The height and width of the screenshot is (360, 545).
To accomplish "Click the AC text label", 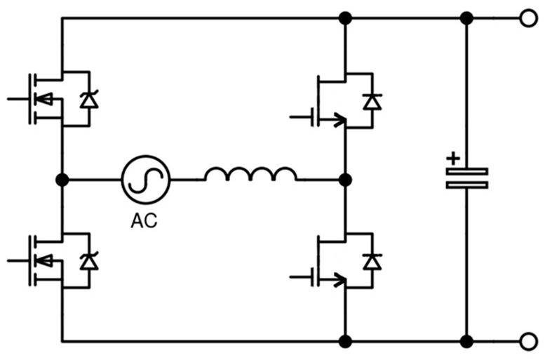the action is [x=144, y=220].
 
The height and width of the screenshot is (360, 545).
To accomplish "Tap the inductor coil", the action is [x=251, y=174].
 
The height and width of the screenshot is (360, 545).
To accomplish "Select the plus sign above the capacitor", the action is [x=453, y=159].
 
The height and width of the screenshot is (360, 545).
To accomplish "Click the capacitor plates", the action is [x=467, y=178].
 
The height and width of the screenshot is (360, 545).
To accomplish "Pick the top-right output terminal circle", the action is [x=528, y=18].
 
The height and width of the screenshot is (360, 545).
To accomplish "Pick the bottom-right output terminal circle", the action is [x=528, y=341].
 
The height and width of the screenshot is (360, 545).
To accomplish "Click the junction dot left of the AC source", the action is [x=62, y=180].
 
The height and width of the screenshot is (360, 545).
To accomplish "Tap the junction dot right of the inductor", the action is [x=345, y=180].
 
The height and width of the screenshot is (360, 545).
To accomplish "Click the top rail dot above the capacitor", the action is [x=467, y=18].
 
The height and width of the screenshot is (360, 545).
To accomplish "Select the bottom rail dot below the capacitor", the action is [x=467, y=341].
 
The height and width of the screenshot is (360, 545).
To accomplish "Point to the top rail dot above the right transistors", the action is [x=345, y=18].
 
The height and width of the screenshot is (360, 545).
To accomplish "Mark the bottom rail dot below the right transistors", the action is [x=345, y=341].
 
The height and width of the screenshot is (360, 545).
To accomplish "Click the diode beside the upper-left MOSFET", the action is [x=89, y=100].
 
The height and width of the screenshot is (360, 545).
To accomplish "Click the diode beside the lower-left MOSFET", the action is [x=89, y=262].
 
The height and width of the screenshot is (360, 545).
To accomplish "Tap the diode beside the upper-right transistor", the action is [x=372, y=102].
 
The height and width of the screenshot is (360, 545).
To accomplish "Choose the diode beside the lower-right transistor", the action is [x=372, y=262].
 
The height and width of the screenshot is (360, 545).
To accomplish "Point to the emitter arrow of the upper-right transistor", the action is [x=339, y=120].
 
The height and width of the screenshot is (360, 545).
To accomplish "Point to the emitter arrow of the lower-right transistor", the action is [x=339, y=280].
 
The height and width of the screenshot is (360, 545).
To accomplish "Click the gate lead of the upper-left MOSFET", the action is [x=18, y=99].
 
